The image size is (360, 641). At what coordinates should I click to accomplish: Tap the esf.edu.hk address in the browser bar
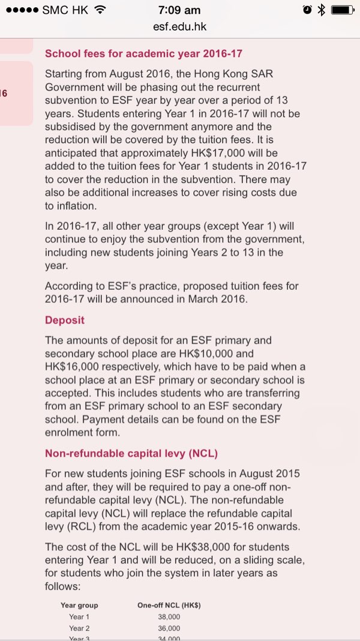(180, 27)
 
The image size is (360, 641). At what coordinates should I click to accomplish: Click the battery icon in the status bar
(343, 10)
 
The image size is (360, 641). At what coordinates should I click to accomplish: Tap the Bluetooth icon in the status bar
(321, 10)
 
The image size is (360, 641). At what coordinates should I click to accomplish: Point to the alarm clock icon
(307, 10)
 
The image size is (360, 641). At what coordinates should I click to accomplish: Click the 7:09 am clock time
(179, 10)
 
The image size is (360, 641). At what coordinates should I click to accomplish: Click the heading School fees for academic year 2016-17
(143, 53)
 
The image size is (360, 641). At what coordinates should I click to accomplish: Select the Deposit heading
(65, 320)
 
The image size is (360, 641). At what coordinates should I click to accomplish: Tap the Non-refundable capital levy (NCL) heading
(139, 454)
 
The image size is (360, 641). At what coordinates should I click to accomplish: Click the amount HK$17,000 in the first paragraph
(238, 153)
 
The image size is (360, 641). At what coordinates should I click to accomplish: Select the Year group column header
(79, 606)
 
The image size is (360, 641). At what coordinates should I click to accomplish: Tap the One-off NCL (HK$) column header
(169, 606)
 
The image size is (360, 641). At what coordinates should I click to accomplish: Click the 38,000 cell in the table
(169, 617)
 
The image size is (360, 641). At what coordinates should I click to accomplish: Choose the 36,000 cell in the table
(169, 628)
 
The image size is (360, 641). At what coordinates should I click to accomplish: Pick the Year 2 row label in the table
(79, 628)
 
